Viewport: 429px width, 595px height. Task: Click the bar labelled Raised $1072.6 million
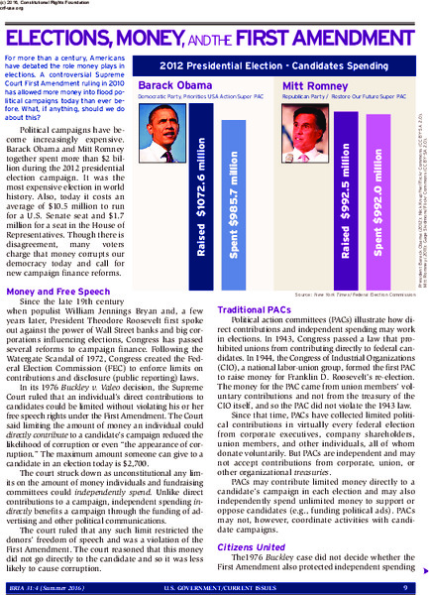(200, 196)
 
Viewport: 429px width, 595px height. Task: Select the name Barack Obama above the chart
(168, 85)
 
